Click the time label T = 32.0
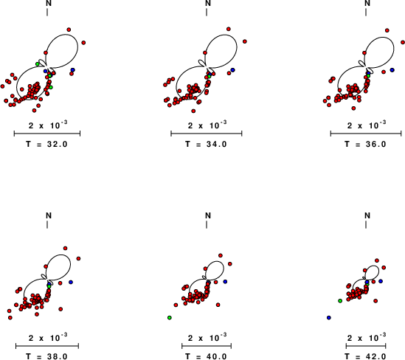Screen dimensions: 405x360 46,144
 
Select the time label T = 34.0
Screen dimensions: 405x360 206,144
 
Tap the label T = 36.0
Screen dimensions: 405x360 365,144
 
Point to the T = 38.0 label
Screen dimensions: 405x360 46,356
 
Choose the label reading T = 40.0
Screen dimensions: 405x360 206,356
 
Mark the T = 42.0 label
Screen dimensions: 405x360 365,356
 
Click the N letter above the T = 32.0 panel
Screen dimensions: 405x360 49,3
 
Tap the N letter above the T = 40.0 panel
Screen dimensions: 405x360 208,215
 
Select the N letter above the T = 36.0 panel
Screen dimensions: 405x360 367,3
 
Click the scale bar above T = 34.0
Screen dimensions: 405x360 207,134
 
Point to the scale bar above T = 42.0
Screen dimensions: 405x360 366,346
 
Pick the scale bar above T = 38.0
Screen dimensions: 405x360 47,346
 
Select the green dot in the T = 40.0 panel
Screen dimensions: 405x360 170,318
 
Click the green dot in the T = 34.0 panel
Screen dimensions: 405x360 210,77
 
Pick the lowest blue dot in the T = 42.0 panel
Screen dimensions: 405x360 329,318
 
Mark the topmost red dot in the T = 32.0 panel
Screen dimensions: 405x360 69,30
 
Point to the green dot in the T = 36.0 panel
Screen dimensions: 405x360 368,76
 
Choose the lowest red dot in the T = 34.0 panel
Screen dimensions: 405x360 193,111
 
